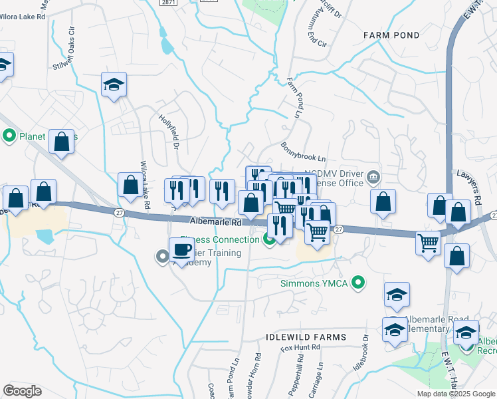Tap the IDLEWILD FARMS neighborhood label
coord(306,337)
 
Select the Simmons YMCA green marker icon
coord(359,284)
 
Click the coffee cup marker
coord(182,251)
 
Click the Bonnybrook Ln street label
coord(303,152)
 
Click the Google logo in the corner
coord(22,391)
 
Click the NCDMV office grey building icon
coord(374,177)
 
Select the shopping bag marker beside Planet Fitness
coord(62,142)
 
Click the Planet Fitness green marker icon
coord(9,137)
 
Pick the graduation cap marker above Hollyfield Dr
coord(114,84)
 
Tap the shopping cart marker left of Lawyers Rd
coord(429,242)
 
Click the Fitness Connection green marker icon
coord(270,239)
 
